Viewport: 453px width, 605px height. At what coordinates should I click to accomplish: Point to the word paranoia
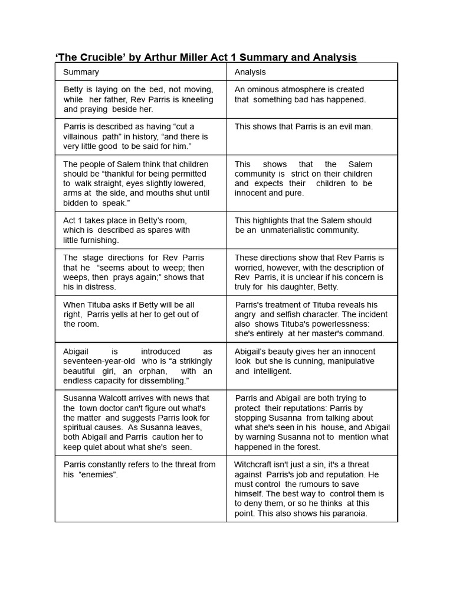[347, 513]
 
